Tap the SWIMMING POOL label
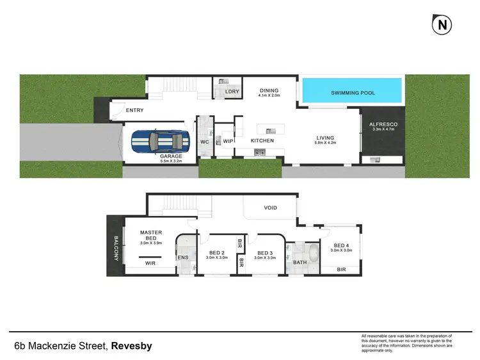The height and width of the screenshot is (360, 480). [353, 94]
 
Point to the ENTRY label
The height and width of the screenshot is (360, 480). [134, 110]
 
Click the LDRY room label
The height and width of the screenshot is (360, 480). [232, 92]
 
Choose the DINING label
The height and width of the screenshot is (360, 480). [270, 91]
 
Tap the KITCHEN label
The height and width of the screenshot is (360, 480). [262, 140]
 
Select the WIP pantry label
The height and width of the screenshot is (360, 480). [227, 140]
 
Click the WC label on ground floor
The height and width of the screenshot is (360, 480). [205, 141]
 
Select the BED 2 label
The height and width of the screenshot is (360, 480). [212, 252]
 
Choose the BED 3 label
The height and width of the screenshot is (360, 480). [264, 252]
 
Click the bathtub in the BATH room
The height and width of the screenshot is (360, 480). [312, 256]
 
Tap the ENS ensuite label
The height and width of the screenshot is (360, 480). [182, 257]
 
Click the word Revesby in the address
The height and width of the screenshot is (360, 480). [132, 347]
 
